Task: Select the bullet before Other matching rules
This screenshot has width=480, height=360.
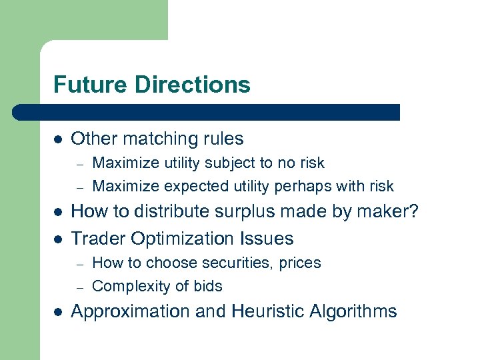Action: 58,139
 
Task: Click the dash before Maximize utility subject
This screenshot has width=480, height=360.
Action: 78,163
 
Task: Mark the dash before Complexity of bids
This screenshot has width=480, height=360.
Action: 78,287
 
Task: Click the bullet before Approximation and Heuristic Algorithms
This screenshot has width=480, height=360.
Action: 58,312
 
